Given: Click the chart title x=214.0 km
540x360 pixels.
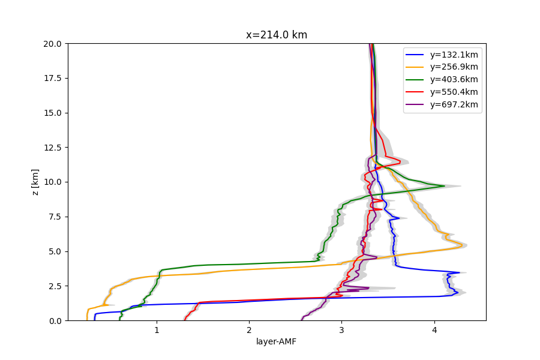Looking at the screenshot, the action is click(277, 35).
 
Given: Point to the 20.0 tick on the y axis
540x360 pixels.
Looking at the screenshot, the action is click(52, 44).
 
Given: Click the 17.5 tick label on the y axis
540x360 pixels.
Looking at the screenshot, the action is click(52, 78).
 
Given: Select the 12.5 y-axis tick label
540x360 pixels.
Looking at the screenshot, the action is click(52, 148).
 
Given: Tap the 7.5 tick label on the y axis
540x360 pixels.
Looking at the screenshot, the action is click(55, 217).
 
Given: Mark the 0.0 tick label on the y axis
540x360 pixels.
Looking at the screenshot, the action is click(55, 321).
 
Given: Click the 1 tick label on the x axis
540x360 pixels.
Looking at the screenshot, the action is click(157, 331).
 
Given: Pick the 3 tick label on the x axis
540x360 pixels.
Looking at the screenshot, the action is click(341, 331).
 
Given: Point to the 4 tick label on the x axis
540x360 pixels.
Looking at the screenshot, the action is click(434, 331).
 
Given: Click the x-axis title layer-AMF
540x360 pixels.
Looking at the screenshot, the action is click(276, 341).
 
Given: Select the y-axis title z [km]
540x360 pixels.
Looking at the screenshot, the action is click(35, 182).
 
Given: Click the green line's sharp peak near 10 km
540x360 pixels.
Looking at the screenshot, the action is click(444, 186).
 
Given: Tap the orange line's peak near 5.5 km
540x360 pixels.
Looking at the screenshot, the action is click(462, 245).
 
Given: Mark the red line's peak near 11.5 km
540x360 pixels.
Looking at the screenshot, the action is click(400, 161).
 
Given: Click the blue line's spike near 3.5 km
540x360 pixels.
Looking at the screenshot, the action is click(460, 272).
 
